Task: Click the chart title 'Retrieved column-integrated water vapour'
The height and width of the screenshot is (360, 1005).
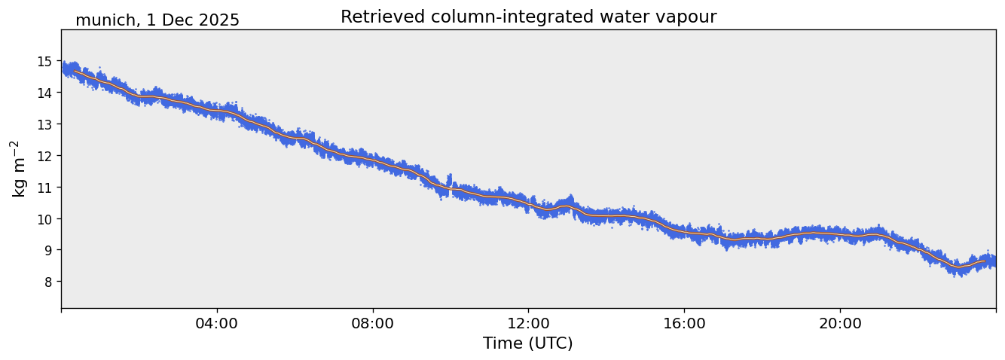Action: click(528, 17)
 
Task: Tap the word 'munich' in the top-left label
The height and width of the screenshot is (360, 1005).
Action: click(102, 20)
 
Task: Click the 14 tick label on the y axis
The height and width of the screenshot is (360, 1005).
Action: click(44, 93)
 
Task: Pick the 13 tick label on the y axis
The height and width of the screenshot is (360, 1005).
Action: click(44, 124)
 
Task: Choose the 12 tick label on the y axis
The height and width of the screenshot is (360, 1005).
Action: click(44, 156)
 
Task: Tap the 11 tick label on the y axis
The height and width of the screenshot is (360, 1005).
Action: click(44, 188)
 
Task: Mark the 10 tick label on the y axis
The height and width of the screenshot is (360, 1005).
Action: click(44, 219)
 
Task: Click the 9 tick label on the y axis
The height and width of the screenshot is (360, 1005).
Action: click(47, 250)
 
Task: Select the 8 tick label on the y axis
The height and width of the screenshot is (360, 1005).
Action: click(47, 282)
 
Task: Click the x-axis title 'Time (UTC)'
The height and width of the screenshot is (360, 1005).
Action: click(528, 343)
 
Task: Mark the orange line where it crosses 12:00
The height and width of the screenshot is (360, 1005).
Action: click(528, 203)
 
